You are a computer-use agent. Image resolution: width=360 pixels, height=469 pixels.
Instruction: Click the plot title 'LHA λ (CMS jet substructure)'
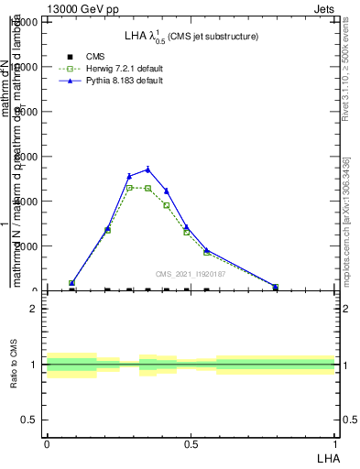pyautogui.click(x=191, y=36)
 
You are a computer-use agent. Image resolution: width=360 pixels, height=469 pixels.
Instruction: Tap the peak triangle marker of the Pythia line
pyautogui.click(x=147, y=169)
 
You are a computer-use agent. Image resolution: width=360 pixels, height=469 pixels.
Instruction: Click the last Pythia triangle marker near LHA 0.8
pyautogui.click(x=276, y=287)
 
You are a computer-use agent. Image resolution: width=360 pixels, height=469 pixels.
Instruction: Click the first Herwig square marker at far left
pyautogui.click(x=71, y=284)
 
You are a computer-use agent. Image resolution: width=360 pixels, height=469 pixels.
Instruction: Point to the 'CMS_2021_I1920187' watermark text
pyautogui.click(x=189, y=274)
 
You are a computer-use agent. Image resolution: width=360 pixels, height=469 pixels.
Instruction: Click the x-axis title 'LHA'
pyautogui.click(x=326, y=456)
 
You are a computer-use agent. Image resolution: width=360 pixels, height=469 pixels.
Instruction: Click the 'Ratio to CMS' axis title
pyautogui.click(x=14, y=365)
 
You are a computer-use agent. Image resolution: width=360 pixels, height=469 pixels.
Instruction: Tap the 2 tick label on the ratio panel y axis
pyautogui.click(x=34, y=309)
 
